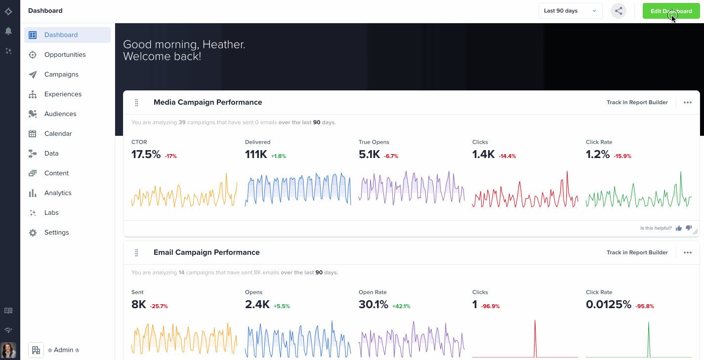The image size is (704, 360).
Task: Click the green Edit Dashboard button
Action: point(671,11)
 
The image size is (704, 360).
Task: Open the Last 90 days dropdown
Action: point(570,11)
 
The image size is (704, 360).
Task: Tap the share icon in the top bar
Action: point(619,11)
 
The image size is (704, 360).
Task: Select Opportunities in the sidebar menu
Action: point(65,55)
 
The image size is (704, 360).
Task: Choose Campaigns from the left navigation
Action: point(61,75)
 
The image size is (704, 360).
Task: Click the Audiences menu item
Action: point(60,114)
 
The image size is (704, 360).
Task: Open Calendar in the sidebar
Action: point(58,134)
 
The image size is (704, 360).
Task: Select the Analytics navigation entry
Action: point(58,193)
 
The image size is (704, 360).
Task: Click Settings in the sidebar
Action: point(56,233)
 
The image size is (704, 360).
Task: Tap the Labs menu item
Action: point(51,213)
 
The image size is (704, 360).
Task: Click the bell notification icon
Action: point(8,31)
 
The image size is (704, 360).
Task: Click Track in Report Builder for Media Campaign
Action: point(637,102)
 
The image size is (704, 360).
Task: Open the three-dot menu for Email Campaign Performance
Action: point(687,252)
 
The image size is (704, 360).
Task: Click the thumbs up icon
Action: point(679,228)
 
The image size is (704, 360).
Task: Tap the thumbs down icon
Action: point(689,228)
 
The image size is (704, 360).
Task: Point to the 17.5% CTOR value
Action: point(146,155)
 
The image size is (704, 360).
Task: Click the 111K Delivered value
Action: point(256,155)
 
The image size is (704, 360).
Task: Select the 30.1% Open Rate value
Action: point(373,305)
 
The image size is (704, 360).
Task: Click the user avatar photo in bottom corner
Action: point(8,350)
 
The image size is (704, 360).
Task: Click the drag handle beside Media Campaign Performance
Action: point(137,103)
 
